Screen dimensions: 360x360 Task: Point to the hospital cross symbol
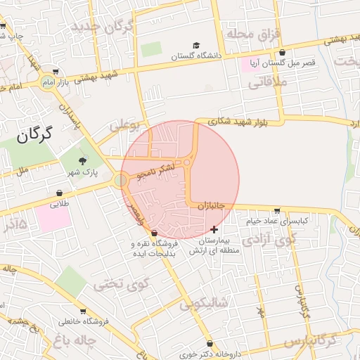point(214,229)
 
